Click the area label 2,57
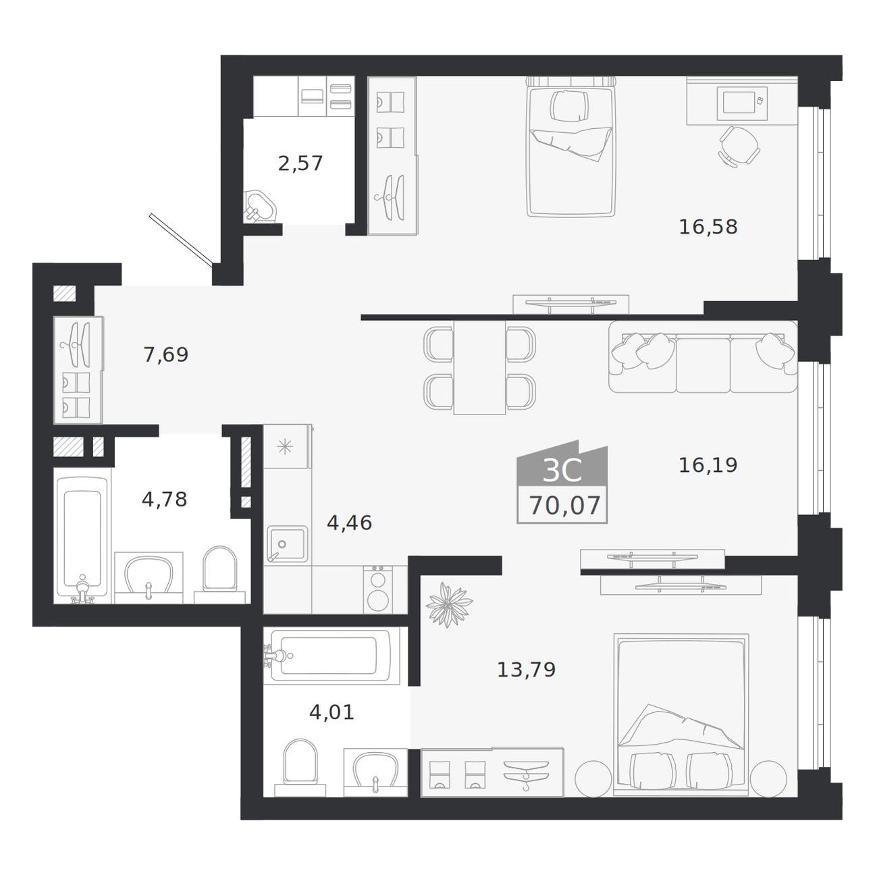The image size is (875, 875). point(300,163)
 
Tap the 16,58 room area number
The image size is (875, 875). point(708,227)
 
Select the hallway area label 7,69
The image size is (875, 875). point(165,354)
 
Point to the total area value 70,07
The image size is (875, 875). point(565,506)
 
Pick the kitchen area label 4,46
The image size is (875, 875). point(349,523)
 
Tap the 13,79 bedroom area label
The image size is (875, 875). point(526,669)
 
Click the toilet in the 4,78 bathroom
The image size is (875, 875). point(220,575)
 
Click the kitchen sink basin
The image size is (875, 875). point(287,543)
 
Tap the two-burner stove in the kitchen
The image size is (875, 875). point(378,589)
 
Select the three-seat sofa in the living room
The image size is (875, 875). point(702,357)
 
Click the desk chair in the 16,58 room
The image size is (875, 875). point(739,147)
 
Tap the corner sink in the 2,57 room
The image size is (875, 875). point(260,207)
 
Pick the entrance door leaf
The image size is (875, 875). point(181,239)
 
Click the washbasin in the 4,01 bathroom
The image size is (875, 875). point(375,772)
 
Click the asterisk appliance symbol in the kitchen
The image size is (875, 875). point(285,447)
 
